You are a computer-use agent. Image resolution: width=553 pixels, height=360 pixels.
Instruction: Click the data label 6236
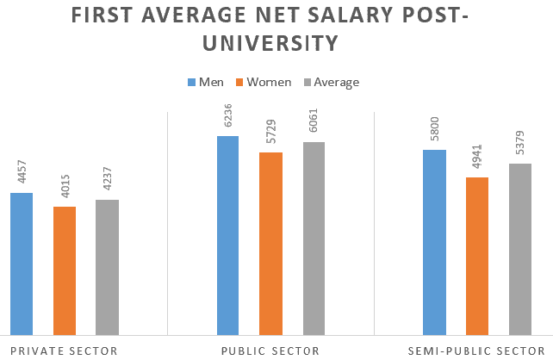(x=228, y=120)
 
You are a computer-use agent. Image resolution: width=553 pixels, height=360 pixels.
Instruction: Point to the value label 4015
(x=65, y=189)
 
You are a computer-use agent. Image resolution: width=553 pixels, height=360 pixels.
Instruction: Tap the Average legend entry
(x=330, y=82)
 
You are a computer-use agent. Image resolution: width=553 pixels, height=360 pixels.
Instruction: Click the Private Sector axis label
(x=63, y=350)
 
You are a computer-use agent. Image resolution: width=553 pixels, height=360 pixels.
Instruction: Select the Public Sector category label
(x=270, y=350)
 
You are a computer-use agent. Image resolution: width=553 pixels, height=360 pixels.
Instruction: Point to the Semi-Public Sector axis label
(x=477, y=350)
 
